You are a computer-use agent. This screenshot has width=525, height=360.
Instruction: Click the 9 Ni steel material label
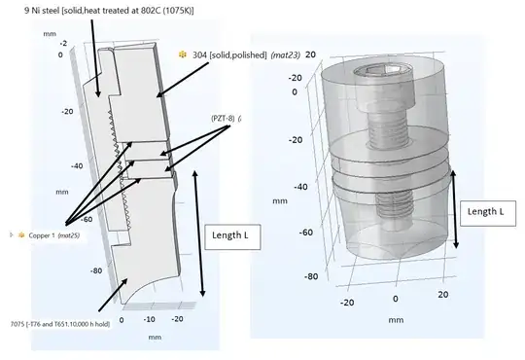109,11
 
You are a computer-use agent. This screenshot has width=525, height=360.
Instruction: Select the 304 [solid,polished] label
229,54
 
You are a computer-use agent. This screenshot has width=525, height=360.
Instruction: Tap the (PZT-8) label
223,119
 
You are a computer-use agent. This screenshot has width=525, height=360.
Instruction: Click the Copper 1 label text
42,235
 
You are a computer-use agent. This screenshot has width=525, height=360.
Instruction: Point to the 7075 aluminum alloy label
60,324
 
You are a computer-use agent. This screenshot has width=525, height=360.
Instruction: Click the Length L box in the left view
232,237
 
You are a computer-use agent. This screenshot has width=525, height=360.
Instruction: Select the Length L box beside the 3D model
488,213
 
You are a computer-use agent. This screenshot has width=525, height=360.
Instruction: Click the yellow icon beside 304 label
183,54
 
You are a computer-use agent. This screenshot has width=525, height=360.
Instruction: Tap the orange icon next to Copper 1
21,234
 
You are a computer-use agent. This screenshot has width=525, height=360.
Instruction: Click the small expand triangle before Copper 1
12,234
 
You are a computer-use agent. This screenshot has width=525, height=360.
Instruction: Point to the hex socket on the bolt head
382,70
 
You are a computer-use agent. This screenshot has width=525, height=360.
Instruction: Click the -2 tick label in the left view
63,44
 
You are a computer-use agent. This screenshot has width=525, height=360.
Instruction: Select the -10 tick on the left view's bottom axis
150,319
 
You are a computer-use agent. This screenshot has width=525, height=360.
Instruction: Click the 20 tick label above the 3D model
310,54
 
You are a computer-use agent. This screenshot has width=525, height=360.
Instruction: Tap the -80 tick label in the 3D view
311,276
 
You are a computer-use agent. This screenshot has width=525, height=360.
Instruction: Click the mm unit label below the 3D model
396,320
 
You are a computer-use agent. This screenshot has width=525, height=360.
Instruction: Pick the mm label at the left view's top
50,34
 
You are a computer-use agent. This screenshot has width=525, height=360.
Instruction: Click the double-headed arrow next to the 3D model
454,209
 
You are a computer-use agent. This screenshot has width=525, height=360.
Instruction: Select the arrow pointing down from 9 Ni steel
95,57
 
